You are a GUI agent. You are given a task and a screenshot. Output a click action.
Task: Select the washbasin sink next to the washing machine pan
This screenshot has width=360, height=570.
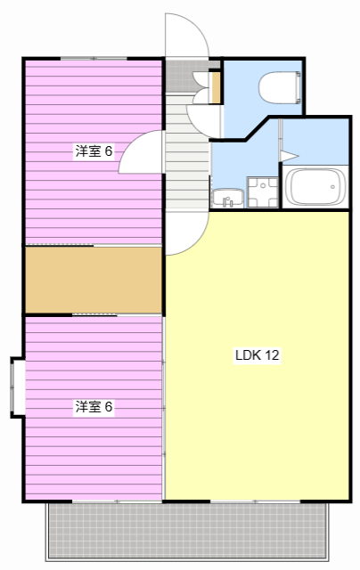pos(225,196)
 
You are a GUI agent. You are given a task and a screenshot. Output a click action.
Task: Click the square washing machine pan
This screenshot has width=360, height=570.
pos(262,191)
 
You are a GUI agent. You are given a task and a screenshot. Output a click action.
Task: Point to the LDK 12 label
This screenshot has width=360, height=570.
pos(258,355)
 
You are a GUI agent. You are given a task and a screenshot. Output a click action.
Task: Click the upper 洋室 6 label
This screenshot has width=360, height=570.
pos(94,151)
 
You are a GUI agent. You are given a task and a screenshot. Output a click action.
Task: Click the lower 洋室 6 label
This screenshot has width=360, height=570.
pos(94,407)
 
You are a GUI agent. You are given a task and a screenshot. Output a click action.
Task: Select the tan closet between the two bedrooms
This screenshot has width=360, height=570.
pos(93,280)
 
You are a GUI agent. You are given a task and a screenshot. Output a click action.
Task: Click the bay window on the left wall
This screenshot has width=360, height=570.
pos(16,387)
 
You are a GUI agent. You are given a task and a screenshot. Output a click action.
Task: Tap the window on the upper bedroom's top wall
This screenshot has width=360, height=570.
pos(94,59)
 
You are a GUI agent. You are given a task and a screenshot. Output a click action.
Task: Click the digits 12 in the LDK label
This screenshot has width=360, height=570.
pos(272,355)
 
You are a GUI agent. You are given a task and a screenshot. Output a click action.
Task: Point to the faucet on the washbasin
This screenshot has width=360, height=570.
pos(228,201)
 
